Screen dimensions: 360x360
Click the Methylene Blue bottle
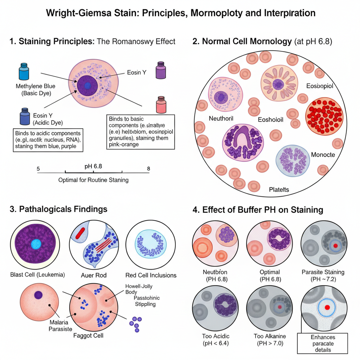[x=24, y=72]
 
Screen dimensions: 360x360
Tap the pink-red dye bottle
[x=161, y=104]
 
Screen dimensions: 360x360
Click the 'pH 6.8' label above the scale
[x=93, y=166]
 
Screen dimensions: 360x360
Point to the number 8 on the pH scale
[x=148, y=168]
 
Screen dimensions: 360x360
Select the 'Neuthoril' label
[x=221, y=118]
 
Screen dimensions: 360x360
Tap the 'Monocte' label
[x=323, y=155]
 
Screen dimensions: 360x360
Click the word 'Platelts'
[x=279, y=189]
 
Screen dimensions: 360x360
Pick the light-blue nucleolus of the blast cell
[x=36, y=244]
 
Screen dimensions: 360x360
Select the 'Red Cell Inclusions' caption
[x=151, y=275]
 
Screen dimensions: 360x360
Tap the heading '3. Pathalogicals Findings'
[x=59, y=209]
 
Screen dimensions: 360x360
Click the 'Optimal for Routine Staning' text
[x=93, y=180]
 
